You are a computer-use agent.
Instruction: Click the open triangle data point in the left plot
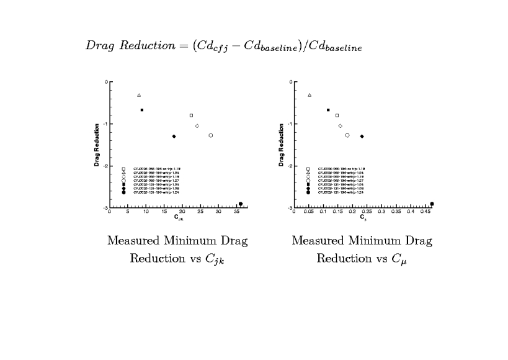139,95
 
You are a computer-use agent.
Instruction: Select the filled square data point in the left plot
142,110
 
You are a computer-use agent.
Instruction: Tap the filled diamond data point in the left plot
174,137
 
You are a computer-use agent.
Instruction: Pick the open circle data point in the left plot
211,135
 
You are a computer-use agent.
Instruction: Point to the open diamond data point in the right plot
340,126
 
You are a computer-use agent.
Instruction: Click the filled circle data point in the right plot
432,204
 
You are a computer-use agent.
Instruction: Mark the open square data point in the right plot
337,115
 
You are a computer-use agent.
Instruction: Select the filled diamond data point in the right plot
362,137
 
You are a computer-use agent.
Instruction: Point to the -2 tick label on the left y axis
106,166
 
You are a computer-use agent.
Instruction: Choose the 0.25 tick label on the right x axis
367,212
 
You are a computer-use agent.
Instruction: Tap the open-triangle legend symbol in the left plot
124,173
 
